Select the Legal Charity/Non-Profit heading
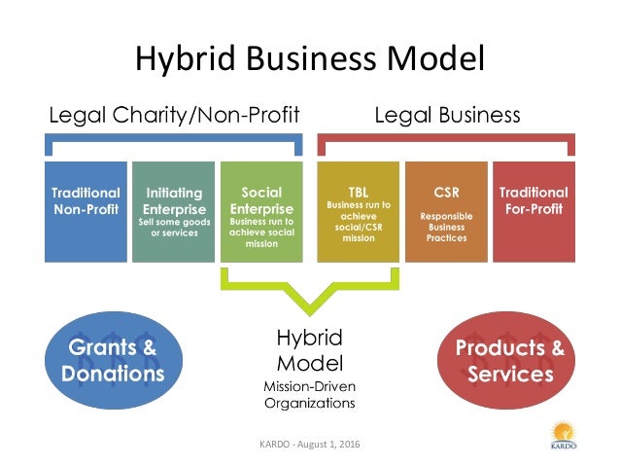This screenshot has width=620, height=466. [174, 116]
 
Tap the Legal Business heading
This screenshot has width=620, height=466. [447, 116]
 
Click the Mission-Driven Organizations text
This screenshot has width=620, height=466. [310, 393]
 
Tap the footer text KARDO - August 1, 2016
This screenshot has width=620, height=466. [310, 445]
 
